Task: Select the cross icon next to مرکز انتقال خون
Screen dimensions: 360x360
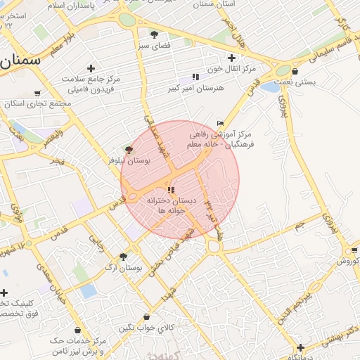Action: click(x=231, y=58)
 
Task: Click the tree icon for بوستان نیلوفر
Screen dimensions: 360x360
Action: click(x=128, y=149)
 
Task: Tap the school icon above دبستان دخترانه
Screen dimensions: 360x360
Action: click(x=172, y=190)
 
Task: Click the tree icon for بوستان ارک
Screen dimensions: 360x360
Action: click(x=123, y=257)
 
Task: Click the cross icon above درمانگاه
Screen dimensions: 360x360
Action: click(x=301, y=347)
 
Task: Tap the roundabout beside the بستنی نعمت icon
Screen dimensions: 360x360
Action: click(x=283, y=70)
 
